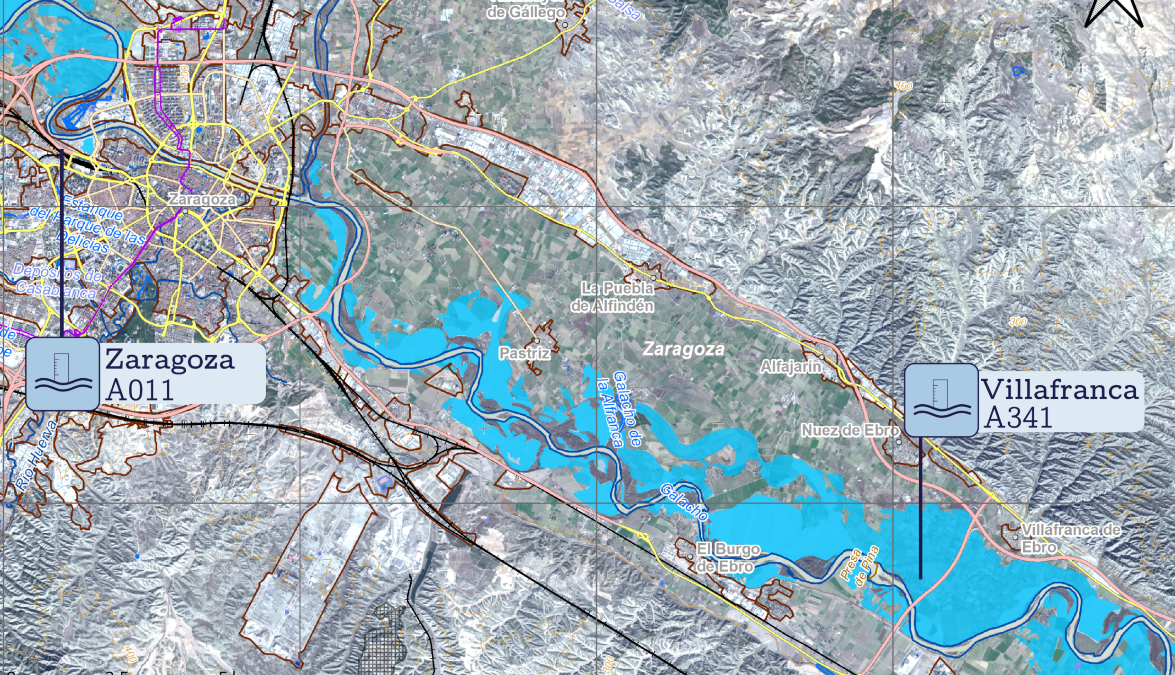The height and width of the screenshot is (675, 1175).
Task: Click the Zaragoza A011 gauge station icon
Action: click(63, 374)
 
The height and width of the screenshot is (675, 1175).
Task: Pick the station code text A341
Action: click(1018, 418)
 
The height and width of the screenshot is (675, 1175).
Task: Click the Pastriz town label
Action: click(524, 353)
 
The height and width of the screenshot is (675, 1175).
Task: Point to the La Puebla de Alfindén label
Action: click(613, 297)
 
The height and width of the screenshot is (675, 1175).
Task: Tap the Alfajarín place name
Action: click(791, 366)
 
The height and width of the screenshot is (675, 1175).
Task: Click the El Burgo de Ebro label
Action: click(727, 558)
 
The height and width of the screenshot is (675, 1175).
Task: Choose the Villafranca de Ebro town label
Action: click(1070, 538)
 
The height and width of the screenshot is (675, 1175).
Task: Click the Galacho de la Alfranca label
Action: click(620, 410)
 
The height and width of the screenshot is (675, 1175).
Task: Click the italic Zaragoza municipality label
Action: click(684, 349)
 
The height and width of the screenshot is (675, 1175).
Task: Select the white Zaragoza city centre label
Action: click(202, 200)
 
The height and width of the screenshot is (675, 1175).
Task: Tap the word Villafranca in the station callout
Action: click(1059, 390)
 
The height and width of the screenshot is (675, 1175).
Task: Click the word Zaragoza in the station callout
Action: click(170, 359)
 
